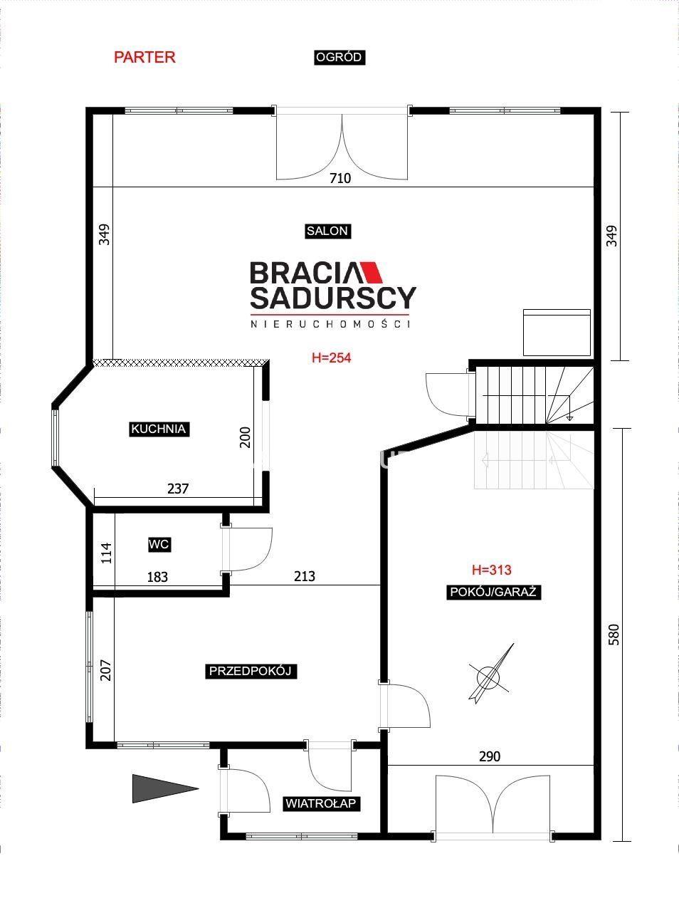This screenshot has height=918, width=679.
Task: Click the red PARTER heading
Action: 144,57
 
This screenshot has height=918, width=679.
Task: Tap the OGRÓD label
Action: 339,57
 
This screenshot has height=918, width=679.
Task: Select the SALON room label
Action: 327,231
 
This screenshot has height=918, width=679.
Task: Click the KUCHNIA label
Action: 159,429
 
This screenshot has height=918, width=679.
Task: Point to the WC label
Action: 159,544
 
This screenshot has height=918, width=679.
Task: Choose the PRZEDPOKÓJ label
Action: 251,671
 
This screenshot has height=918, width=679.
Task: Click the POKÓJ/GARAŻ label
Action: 493,592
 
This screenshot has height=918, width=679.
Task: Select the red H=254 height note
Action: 332,358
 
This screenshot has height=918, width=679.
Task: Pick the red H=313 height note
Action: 492,570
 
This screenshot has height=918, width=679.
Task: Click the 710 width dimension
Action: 340,178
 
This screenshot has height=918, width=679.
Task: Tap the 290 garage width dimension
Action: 490,756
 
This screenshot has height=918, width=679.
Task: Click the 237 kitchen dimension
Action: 178,489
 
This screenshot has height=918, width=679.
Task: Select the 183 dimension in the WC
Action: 157,577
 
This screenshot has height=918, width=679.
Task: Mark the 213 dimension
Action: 305,576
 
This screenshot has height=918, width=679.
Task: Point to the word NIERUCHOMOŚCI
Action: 331,324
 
